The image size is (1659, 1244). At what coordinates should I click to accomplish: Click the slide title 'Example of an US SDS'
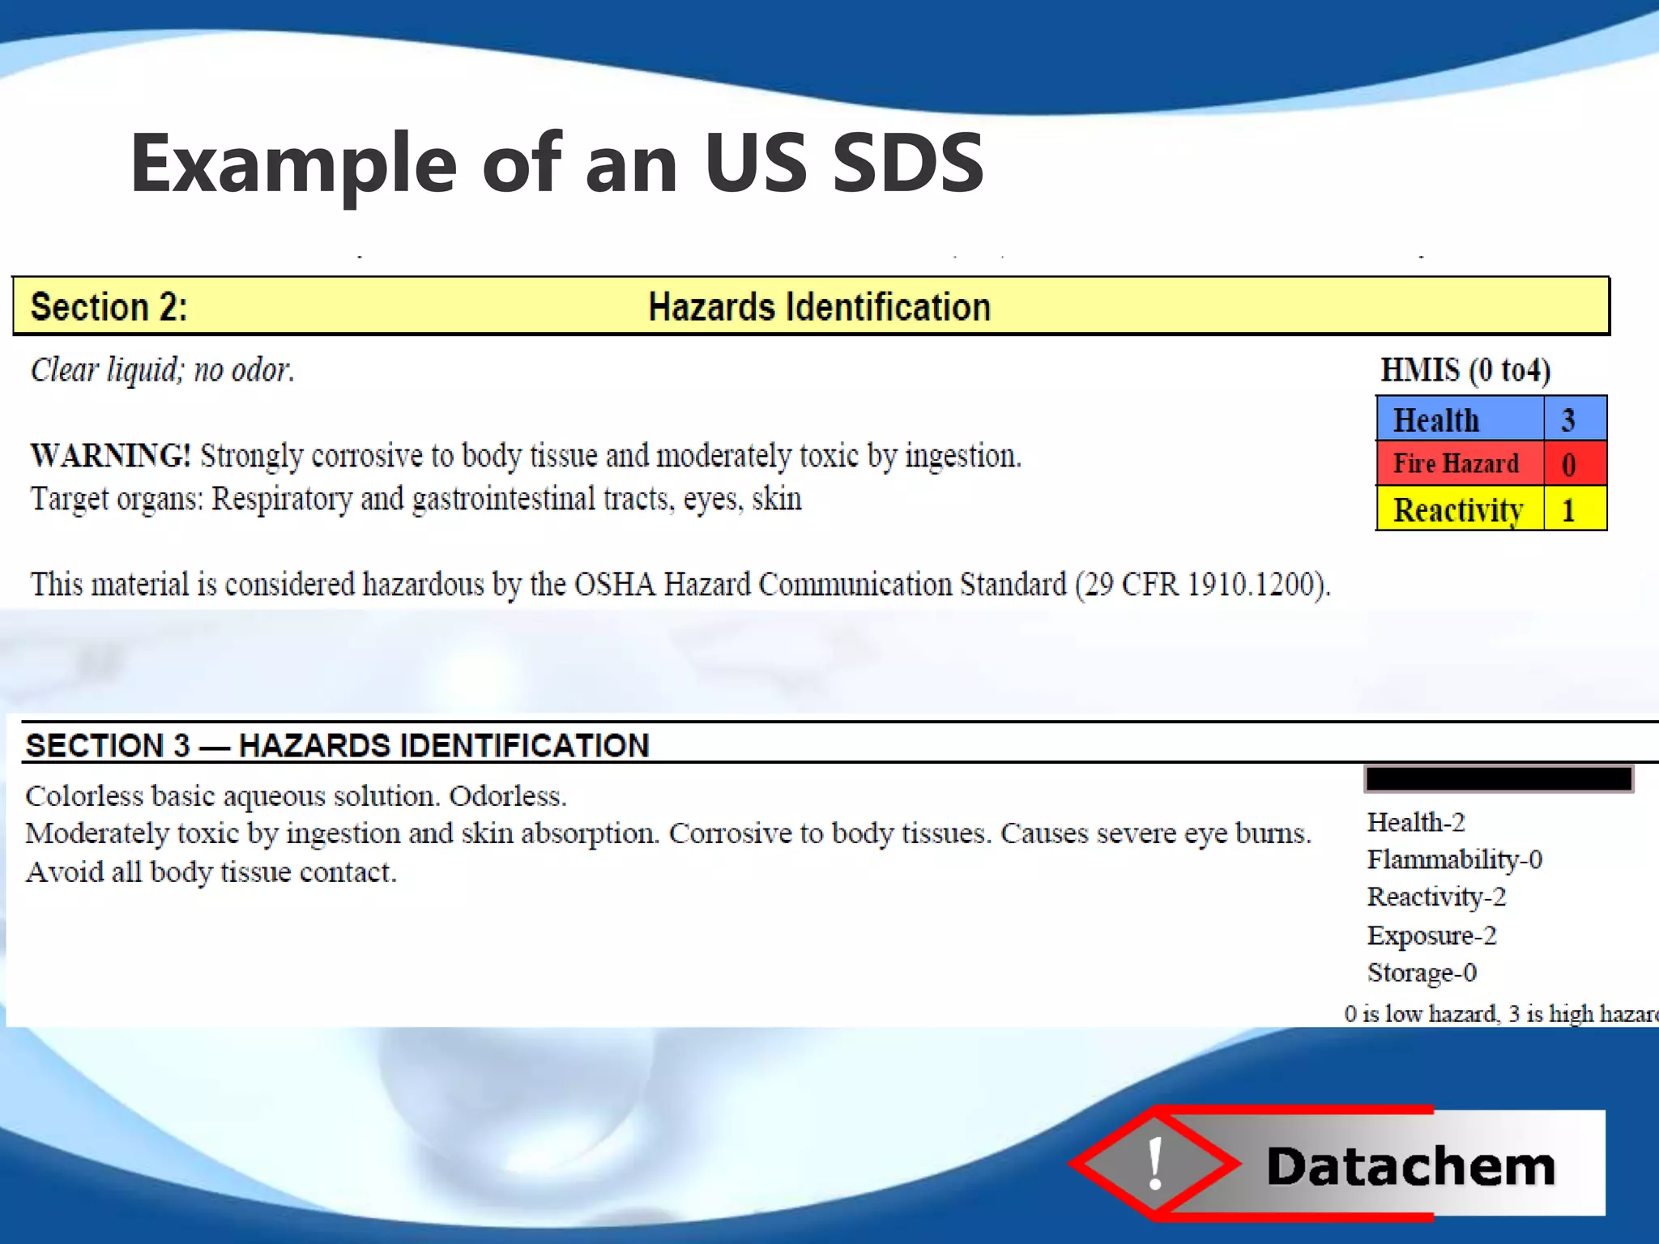tap(557, 164)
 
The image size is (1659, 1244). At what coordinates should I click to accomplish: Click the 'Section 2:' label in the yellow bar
tap(109, 308)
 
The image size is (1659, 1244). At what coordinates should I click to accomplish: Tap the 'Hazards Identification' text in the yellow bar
tap(819, 308)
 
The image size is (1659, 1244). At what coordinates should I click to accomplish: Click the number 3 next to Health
tap(1568, 420)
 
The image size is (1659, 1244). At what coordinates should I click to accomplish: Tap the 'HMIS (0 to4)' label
tap(1465, 370)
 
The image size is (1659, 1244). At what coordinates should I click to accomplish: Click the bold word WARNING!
tap(110, 456)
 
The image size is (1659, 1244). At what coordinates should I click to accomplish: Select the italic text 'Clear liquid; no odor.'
tap(162, 370)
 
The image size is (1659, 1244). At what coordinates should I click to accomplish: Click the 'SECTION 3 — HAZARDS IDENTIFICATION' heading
tap(337, 745)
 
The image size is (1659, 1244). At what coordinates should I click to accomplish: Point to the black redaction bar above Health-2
tap(1499, 778)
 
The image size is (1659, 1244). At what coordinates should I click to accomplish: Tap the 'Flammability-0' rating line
tap(1454, 859)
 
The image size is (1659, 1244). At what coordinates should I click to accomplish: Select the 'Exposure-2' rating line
tap(1431, 935)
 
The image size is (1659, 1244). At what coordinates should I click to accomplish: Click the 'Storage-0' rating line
tap(1422, 973)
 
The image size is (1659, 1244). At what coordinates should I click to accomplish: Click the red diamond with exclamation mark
tap(1155, 1163)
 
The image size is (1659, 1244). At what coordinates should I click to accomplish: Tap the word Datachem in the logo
tap(1410, 1167)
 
